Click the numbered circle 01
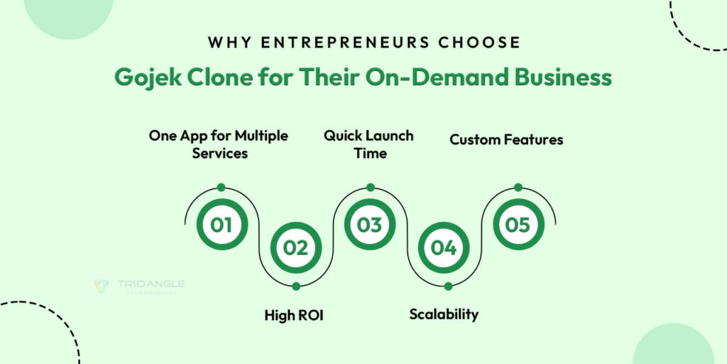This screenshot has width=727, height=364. (222, 225)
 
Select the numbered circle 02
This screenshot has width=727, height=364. (295, 248)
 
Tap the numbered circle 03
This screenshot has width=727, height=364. (369, 225)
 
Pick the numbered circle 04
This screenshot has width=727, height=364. (443, 248)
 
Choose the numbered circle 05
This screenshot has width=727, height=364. (518, 225)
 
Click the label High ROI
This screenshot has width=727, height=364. (294, 314)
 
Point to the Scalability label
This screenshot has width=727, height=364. (444, 314)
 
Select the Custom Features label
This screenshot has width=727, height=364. (506, 139)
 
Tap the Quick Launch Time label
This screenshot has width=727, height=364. (369, 144)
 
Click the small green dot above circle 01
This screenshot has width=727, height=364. (222, 187)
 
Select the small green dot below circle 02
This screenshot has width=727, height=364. (295, 286)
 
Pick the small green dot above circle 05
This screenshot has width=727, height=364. (518, 187)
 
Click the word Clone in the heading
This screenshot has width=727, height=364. (214, 77)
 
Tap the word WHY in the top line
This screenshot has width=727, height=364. (226, 42)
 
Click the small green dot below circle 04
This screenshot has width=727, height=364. (448, 286)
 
